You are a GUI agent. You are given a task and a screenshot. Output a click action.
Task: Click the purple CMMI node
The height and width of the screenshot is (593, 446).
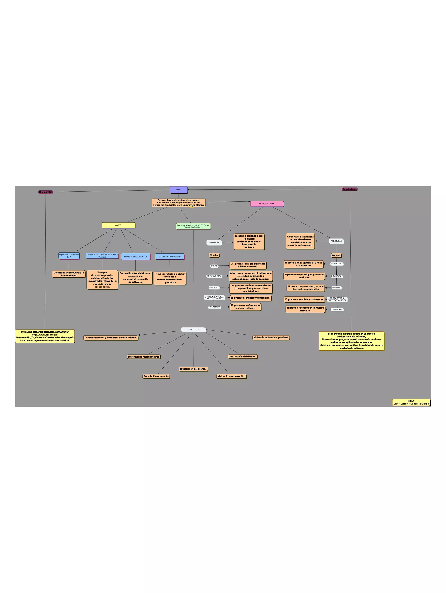[179, 190]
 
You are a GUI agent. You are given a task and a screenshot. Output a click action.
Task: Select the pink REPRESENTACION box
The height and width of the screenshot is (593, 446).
[267, 204]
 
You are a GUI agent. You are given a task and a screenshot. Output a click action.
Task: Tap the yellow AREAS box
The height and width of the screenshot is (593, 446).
[118, 225]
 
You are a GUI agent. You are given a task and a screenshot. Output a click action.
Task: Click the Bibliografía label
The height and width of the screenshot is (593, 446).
[46, 192]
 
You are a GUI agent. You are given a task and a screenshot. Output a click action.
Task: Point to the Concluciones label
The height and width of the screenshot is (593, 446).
[350, 189]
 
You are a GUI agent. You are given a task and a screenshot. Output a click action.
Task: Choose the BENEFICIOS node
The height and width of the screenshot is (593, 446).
[193, 329]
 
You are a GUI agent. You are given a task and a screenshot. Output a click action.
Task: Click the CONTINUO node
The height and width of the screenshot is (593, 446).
[214, 243]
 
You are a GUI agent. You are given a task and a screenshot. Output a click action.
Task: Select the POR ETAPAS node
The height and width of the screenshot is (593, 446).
[336, 241]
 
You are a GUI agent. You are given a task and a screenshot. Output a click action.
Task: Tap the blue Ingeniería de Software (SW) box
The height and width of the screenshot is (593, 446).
[69, 256]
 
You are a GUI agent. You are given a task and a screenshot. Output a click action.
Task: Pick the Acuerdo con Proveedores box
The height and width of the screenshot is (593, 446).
[170, 257]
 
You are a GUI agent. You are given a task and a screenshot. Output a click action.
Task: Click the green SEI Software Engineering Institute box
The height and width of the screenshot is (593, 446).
[193, 226]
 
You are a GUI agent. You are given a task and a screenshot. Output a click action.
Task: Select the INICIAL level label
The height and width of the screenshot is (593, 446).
[214, 266]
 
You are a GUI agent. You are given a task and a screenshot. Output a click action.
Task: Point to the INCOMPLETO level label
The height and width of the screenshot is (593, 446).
[337, 264]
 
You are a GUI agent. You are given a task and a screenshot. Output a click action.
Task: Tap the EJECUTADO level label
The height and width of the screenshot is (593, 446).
[336, 276]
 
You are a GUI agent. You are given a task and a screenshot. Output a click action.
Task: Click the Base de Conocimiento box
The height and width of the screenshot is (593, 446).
[156, 376]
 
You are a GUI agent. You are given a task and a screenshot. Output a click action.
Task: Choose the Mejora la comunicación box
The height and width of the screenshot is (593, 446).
[231, 376]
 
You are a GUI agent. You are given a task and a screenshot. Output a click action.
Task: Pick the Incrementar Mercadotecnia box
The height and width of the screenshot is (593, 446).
[144, 357]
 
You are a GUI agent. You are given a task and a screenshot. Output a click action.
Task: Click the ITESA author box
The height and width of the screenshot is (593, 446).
[411, 402]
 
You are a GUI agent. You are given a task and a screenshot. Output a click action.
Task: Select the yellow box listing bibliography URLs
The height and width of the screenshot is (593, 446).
[45, 336]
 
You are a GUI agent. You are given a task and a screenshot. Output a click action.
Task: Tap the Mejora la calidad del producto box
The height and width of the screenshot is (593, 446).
[271, 338]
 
